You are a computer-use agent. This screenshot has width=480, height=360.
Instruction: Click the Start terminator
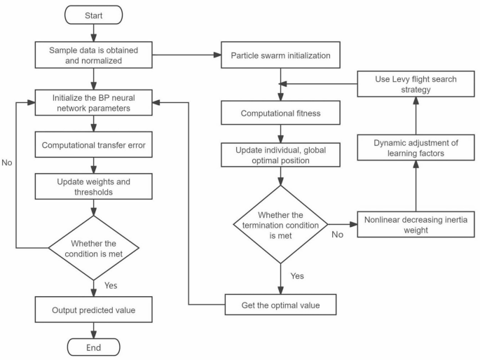click(94, 14)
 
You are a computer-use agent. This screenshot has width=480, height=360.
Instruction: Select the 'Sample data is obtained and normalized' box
click(94, 54)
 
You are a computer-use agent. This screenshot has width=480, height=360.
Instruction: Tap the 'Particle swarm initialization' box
click(280, 54)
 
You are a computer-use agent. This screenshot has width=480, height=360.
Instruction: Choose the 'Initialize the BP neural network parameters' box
click(94, 102)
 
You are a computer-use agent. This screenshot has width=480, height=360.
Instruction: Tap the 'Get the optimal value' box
click(280, 305)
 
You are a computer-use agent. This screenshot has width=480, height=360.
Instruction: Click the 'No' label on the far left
click(8, 162)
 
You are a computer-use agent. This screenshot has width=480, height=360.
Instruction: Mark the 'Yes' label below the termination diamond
click(297, 275)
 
